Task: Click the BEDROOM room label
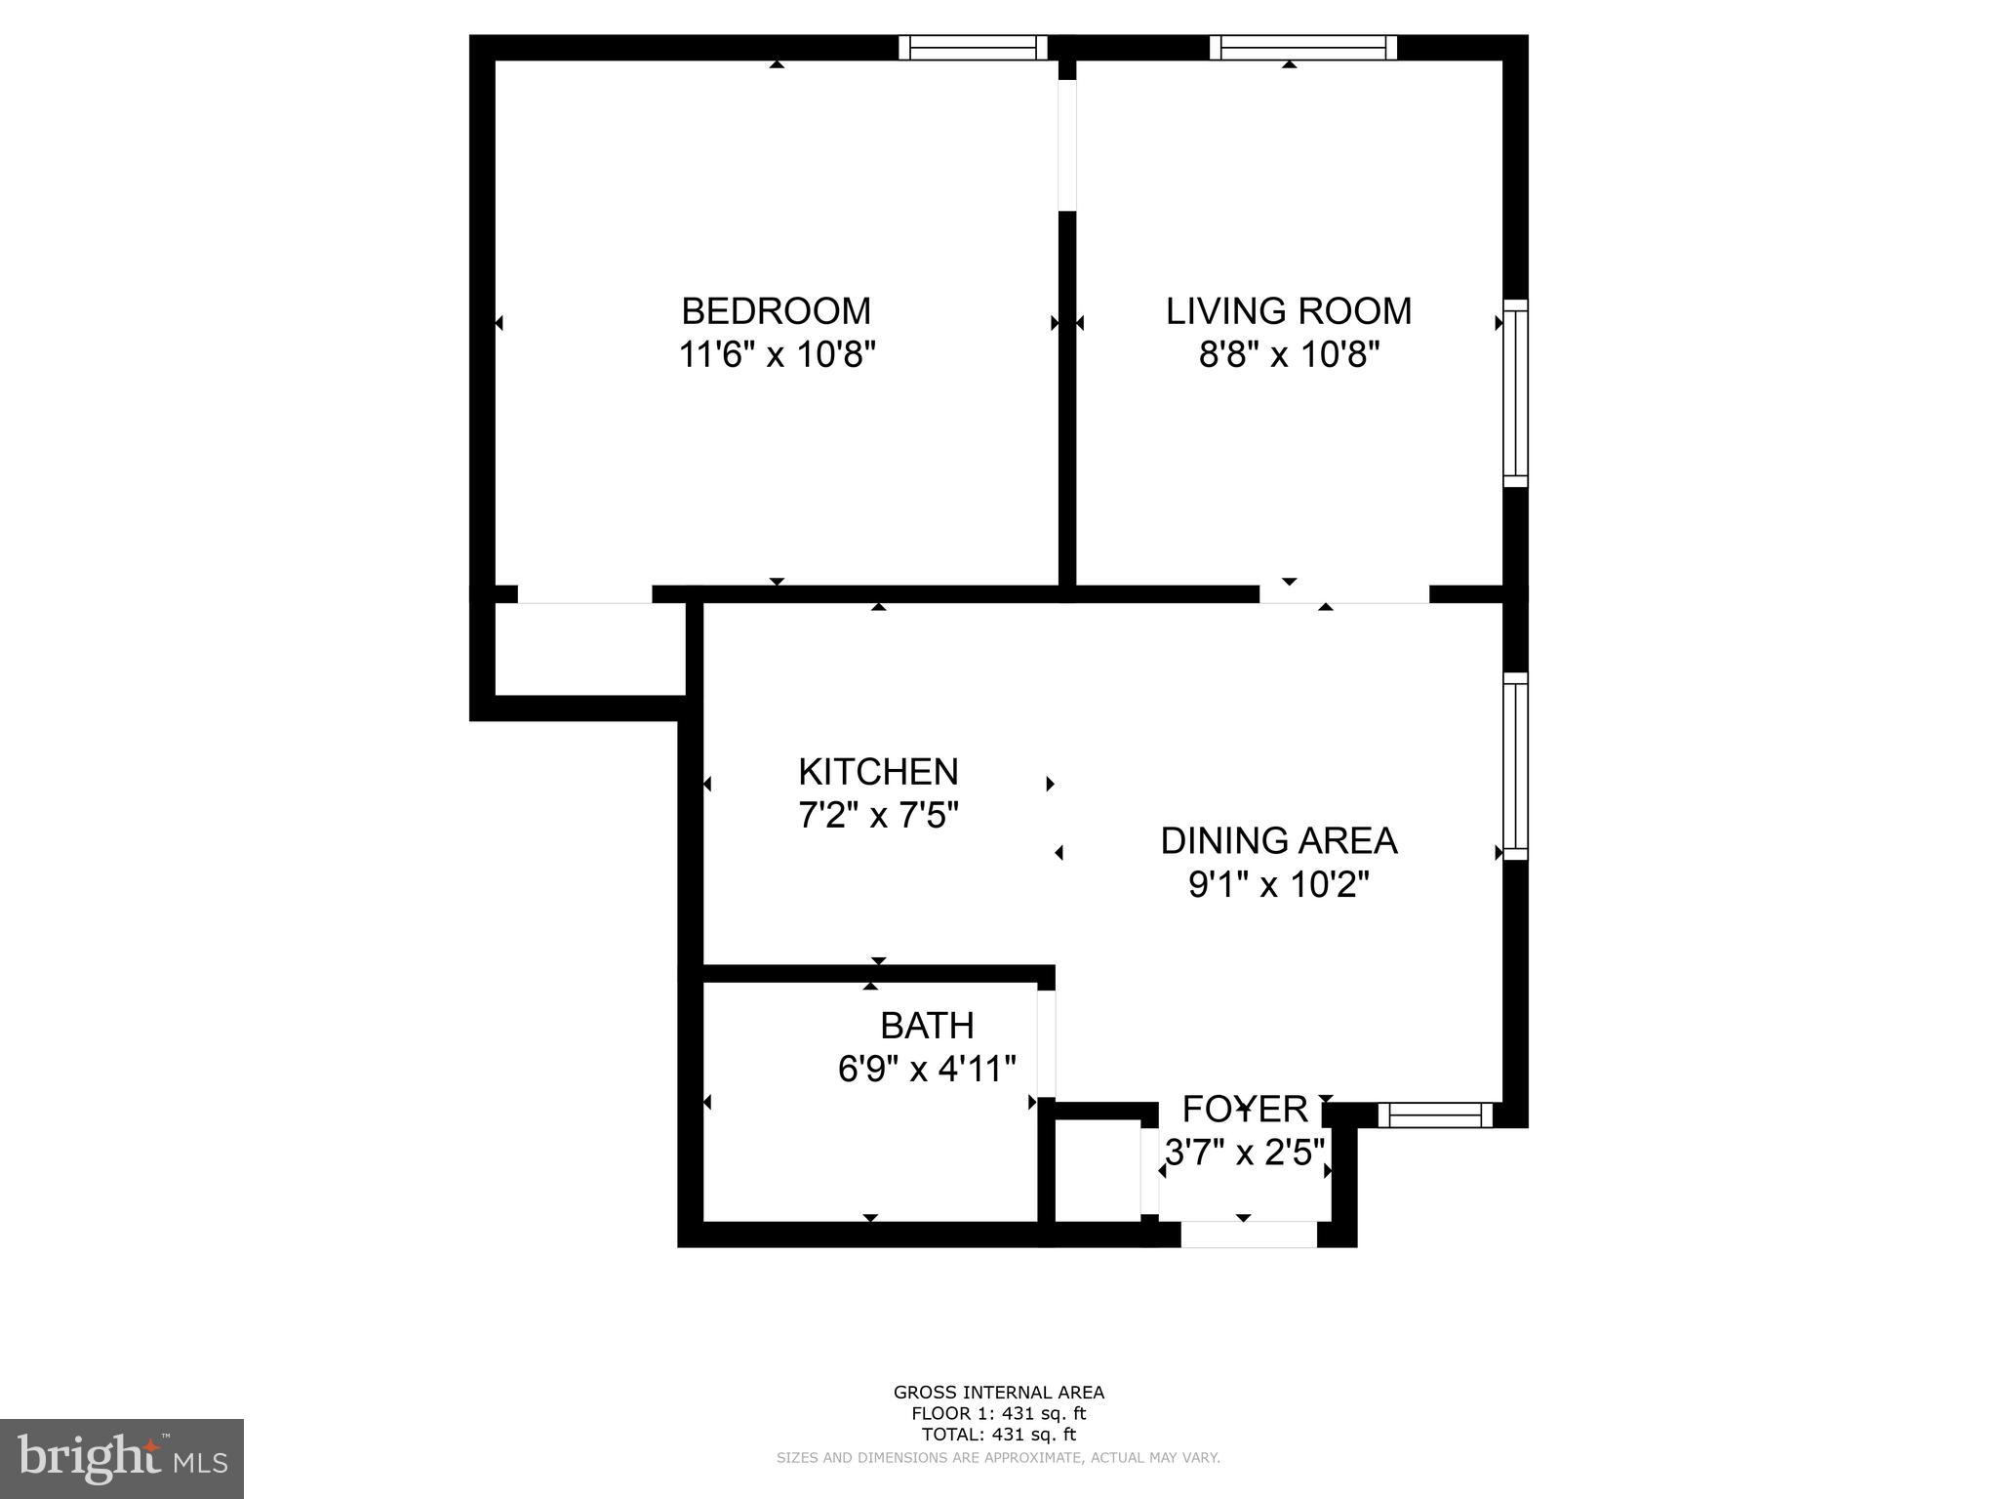pos(776,311)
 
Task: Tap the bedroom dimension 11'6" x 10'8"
pos(777,354)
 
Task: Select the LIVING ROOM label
pos(1289,311)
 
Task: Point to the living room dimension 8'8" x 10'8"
pos(1289,354)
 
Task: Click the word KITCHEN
pos(878,772)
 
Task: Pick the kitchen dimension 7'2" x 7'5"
pos(878,815)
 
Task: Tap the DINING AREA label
pos(1278,840)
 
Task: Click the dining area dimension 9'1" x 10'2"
pos(1278,884)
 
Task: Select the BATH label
pos(927,1026)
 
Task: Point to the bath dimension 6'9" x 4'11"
pos(927,1069)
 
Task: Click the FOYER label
pos(1245,1110)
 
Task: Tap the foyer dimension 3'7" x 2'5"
pos(1245,1153)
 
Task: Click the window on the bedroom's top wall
pos(972,48)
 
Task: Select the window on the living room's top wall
pos(1303,48)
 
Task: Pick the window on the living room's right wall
pos(1515,392)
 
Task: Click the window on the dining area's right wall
pos(1515,766)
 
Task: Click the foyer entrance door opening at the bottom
pos(1249,1235)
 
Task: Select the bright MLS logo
pos(122,1459)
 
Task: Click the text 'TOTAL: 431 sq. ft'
pos(998,1435)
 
